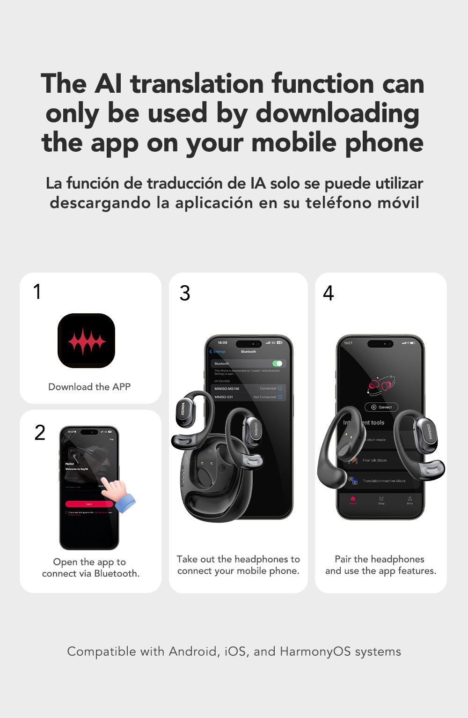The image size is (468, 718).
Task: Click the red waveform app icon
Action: point(86,340)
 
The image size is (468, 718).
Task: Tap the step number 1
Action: point(37,291)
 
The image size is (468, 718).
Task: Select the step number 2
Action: point(40,432)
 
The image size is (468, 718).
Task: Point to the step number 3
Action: point(185,293)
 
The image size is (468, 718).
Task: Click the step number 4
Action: point(328,293)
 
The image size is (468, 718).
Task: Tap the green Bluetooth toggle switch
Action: point(277,363)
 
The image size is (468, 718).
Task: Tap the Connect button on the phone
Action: point(381,407)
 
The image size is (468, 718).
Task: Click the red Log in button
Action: point(89,504)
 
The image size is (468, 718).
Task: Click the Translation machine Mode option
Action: point(383,481)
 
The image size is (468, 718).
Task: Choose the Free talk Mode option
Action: point(374,460)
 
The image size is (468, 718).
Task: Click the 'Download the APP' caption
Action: point(89,387)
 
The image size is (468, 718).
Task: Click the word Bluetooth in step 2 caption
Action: point(116,574)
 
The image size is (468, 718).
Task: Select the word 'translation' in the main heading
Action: point(197,84)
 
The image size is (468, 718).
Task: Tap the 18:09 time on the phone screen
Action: point(222,343)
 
